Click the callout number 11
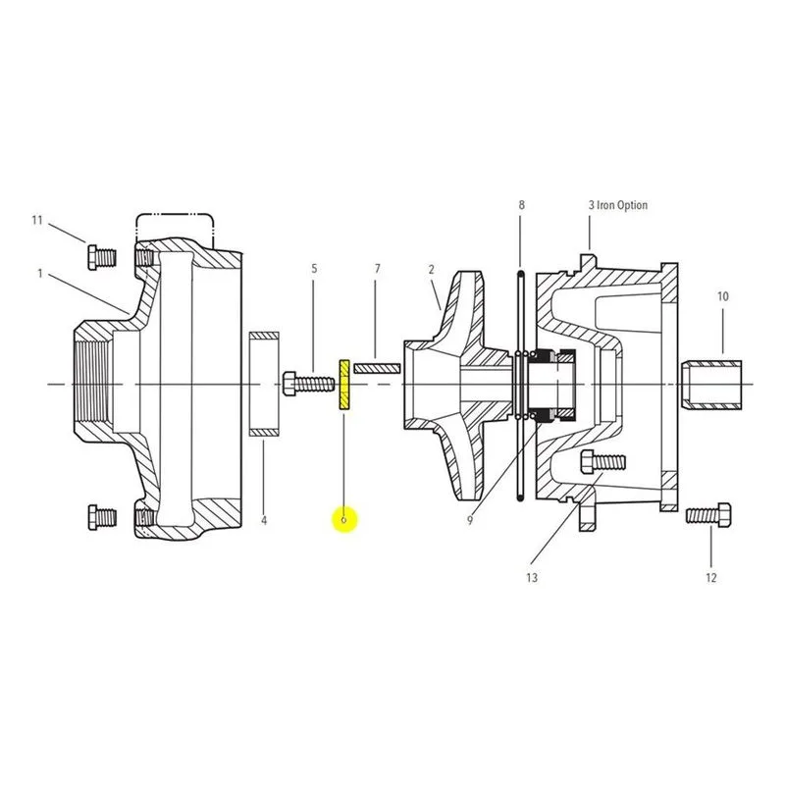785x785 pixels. click(x=37, y=220)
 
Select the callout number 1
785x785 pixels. click(x=40, y=274)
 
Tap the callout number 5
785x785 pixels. click(x=314, y=268)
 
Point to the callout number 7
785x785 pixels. click(x=378, y=269)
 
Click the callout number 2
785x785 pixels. click(x=431, y=269)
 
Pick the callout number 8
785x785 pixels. click(x=521, y=205)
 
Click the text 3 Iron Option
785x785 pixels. click(x=618, y=205)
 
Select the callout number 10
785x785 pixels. click(x=723, y=296)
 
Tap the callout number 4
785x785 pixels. click(x=264, y=521)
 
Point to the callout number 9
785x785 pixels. click(x=470, y=521)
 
